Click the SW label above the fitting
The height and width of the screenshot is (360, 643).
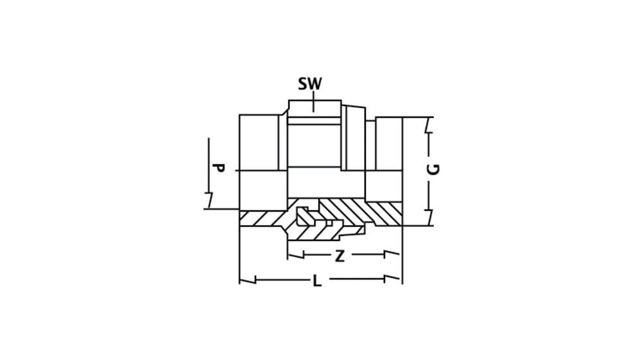[x=310, y=84]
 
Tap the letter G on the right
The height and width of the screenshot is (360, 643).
[x=434, y=169]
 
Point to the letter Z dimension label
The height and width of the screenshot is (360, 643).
[x=340, y=256]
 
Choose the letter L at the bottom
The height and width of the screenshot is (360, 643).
[x=316, y=281]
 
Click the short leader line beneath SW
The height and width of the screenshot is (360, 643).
[x=314, y=102]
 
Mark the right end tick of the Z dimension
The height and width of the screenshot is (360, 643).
[x=385, y=255]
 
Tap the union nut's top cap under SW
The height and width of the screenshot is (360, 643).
[x=314, y=109]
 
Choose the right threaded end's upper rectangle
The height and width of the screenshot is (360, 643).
[x=389, y=143]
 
